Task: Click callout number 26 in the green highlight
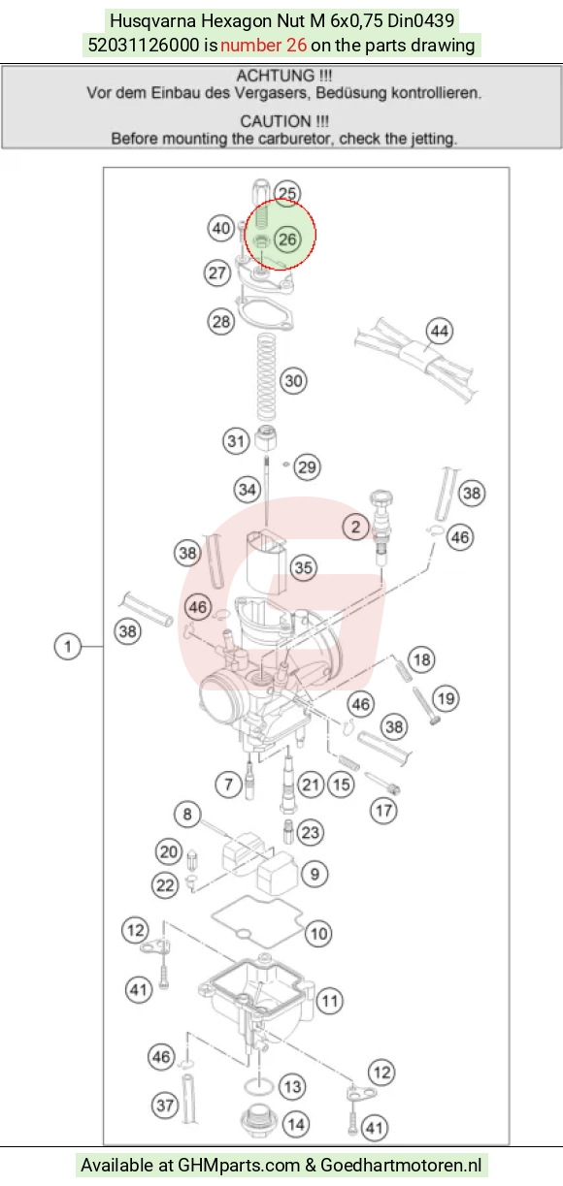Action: (x=287, y=240)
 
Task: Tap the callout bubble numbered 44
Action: (x=440, y=332)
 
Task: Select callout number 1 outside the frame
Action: (x=67, y=647)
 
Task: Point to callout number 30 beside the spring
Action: (x=294, y=381)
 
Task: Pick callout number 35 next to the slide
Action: (x=303, y=567)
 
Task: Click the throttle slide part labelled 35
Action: (x=266, y=562)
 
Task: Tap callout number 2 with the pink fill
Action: (x=355, y=527)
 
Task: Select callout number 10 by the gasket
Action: (x=318, y=934)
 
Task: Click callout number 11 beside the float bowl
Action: (x=330, y=1001)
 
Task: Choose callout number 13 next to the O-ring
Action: (x=292, y=1087)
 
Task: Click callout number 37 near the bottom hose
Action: (x=165, y=1106)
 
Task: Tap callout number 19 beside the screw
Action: (x=446, y=699)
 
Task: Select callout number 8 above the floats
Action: (x=187, y=814)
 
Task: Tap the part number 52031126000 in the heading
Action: (x=144, y=45)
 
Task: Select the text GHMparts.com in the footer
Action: (x=239, y=1165)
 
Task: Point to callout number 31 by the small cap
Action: (x=236, y=441)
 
